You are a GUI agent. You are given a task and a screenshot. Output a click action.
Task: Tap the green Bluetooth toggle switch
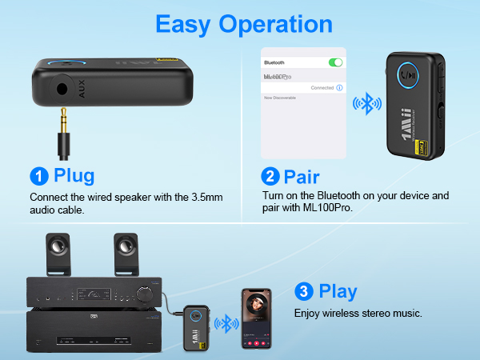(335, 62)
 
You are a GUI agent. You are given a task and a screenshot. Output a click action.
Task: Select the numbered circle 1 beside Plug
(38, 176)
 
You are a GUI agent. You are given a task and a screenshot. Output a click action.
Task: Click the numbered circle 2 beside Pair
(270, 176)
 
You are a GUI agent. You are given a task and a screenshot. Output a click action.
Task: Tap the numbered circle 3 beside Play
(304, 290)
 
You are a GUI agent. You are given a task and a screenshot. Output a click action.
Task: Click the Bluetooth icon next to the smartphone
(230, 323)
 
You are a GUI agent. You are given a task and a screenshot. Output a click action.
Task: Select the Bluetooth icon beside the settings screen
(367, 104)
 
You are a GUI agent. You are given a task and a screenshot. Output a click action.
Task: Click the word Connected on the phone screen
(322, 86)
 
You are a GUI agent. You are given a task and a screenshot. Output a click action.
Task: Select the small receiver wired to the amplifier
(197, 326)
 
